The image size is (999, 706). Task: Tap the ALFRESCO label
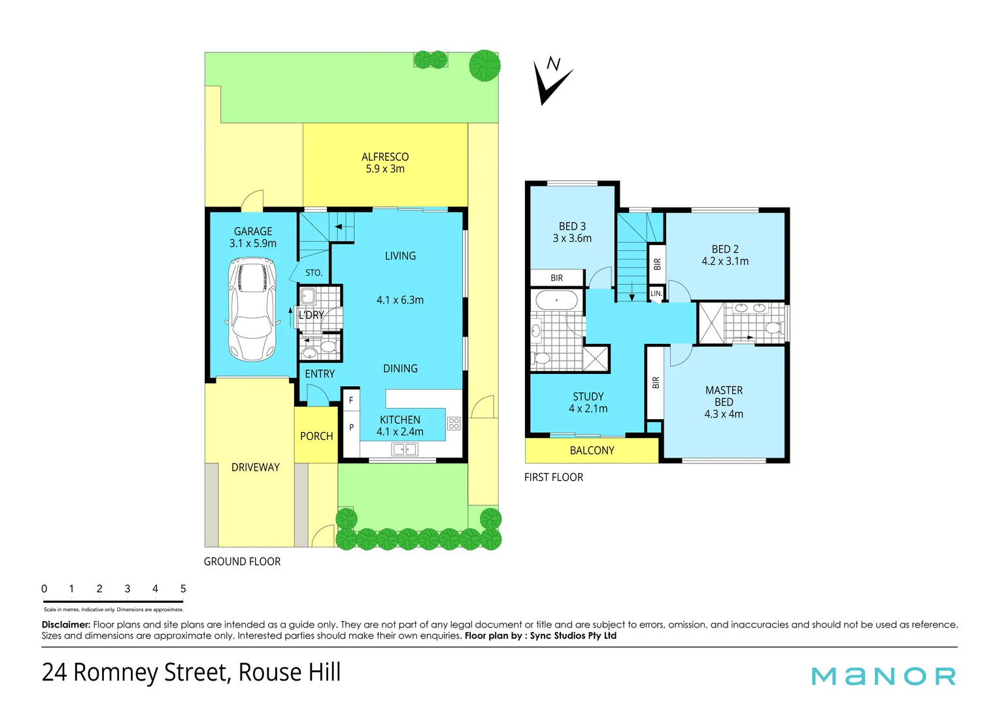[385, 157]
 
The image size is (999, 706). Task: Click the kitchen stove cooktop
[454, 423]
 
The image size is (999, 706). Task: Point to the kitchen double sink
[405, 449]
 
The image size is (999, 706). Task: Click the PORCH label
[316, 436]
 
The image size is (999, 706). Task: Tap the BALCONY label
[592, 450]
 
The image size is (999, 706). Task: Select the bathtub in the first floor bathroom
[556, 301]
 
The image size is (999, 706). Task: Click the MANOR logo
[883, 676]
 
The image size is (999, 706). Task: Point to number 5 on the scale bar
[183, 589]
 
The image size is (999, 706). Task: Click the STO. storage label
[314, 273]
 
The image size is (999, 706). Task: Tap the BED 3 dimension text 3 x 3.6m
[572, 239]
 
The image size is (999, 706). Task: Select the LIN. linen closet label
[656, 294]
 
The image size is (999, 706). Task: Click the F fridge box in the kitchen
[351, 400]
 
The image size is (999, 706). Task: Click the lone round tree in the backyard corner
[484, 65]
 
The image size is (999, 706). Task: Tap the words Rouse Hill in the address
[289, 672]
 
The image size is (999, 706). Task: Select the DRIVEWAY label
[255, 467]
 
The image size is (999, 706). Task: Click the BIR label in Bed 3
[556, 278]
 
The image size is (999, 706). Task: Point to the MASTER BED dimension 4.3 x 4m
[724, 414]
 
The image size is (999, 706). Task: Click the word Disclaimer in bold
[65, 625]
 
